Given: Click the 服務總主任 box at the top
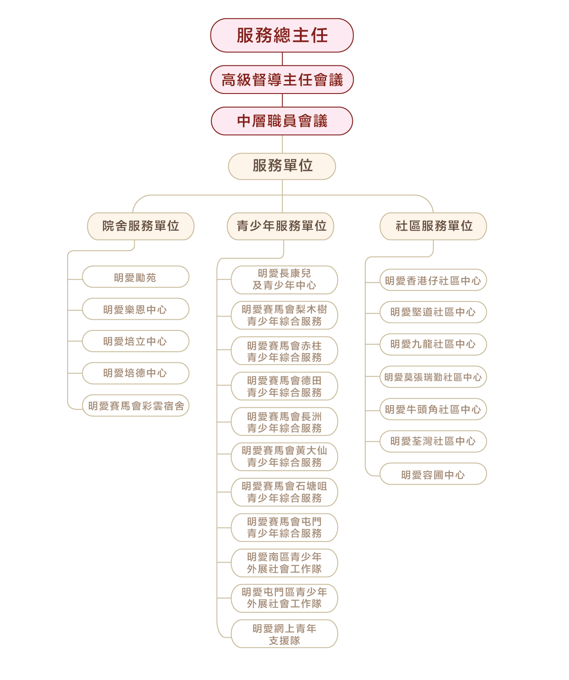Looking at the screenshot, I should pyautogui.click(x=282, y=35).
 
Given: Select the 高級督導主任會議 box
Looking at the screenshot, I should pyautogui.click(x=282, y=80).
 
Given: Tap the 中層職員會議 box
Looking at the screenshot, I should pyautogui.click(x=282, y=121).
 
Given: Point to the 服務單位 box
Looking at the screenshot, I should pyautogui.click(x=282, y=166).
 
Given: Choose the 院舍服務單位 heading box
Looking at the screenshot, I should pyautogui.click(x=141, y=226).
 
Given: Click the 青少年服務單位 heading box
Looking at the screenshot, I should pyautogui.click(x=280, y=226).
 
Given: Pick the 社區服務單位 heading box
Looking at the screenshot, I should pyautogui.click(x=433, y=226).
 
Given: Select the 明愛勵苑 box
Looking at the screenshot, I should pyautogui.click(x=135, y=277).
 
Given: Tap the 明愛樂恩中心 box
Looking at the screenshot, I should pyautogui.click(x=135, y=309).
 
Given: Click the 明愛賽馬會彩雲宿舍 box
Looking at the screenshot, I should pyautogui.click(x=135, y=406).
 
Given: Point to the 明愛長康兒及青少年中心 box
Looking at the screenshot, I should pyautogui.click(x=284, y=280).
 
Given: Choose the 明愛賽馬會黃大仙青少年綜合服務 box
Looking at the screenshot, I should pyautogui.click(x=284, y=457).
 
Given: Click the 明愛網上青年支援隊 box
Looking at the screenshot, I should pyautogui.click(x=284, y=634).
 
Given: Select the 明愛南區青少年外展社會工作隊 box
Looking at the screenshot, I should pyautogui.click(x=284, y=563).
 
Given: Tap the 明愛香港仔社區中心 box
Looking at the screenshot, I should pyautogui.click(x=433, y=281).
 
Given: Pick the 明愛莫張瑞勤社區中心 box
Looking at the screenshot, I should pyautogui.click(x=433, y=377).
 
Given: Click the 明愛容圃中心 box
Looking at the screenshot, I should pyautogui.click(x=433, y=474).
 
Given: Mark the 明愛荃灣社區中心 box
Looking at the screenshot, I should pyautogui.click(x=433, y=441).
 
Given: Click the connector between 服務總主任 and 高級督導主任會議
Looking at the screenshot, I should pyautogui.click(x=282, y=59).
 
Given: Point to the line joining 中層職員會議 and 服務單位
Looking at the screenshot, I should pyautogui.click(x=282, y=144).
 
